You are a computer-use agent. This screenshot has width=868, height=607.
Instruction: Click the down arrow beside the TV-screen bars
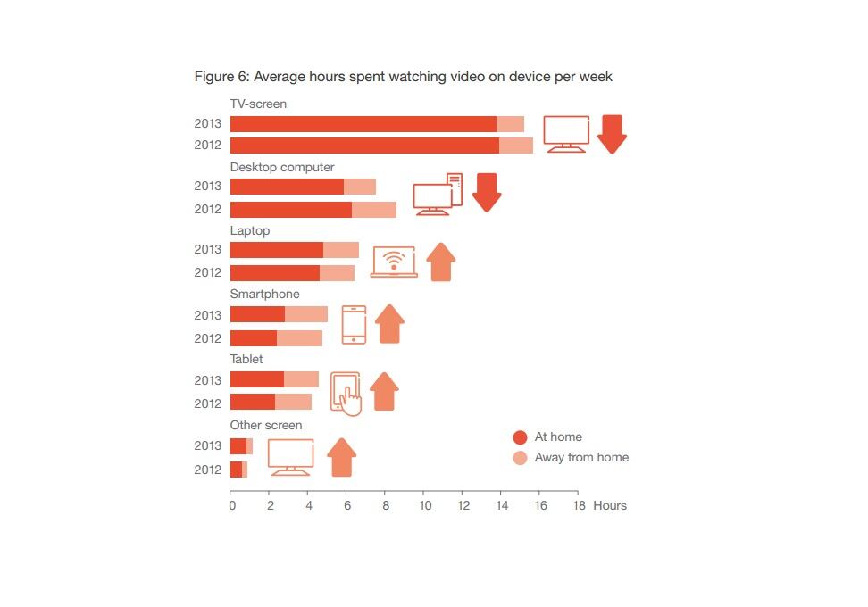pyautogui.click(x=612, y=134)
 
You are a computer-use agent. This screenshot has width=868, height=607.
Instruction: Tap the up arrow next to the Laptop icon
pyautogui.click(x=441, y=262)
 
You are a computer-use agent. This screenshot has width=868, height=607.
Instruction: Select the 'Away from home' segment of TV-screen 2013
pyautogui.click(x=510, y=124)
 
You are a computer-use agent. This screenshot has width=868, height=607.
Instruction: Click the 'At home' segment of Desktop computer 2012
pyautogui.click(x=290, y=210)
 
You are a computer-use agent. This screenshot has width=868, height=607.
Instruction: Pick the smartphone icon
pyautogui.click(x=354, y=325)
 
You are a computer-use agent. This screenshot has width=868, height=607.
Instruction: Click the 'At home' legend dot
pyautogui.click(x=520, y=437)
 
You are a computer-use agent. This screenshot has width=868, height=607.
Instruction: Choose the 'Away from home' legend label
pyautogui.click(x=581, y=458)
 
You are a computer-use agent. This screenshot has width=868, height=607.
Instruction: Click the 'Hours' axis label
pyautogui.click(x=610, y=506)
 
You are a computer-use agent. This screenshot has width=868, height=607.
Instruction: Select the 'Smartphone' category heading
pyautogui.click(x=264, y=295)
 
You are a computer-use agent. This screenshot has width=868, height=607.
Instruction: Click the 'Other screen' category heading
pyautogui.click(x=266, y=426)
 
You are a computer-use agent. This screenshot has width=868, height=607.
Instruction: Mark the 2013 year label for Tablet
pyautogui.click(x=207, y=380)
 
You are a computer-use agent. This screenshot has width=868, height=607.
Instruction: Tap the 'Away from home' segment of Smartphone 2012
pyautogui.click(x=299, y=338)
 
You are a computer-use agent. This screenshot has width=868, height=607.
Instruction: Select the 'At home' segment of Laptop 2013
pyautogui.click(x=276, y=250)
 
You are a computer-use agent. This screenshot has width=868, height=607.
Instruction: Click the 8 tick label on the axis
pyautogui.click(x=386, y=506)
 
